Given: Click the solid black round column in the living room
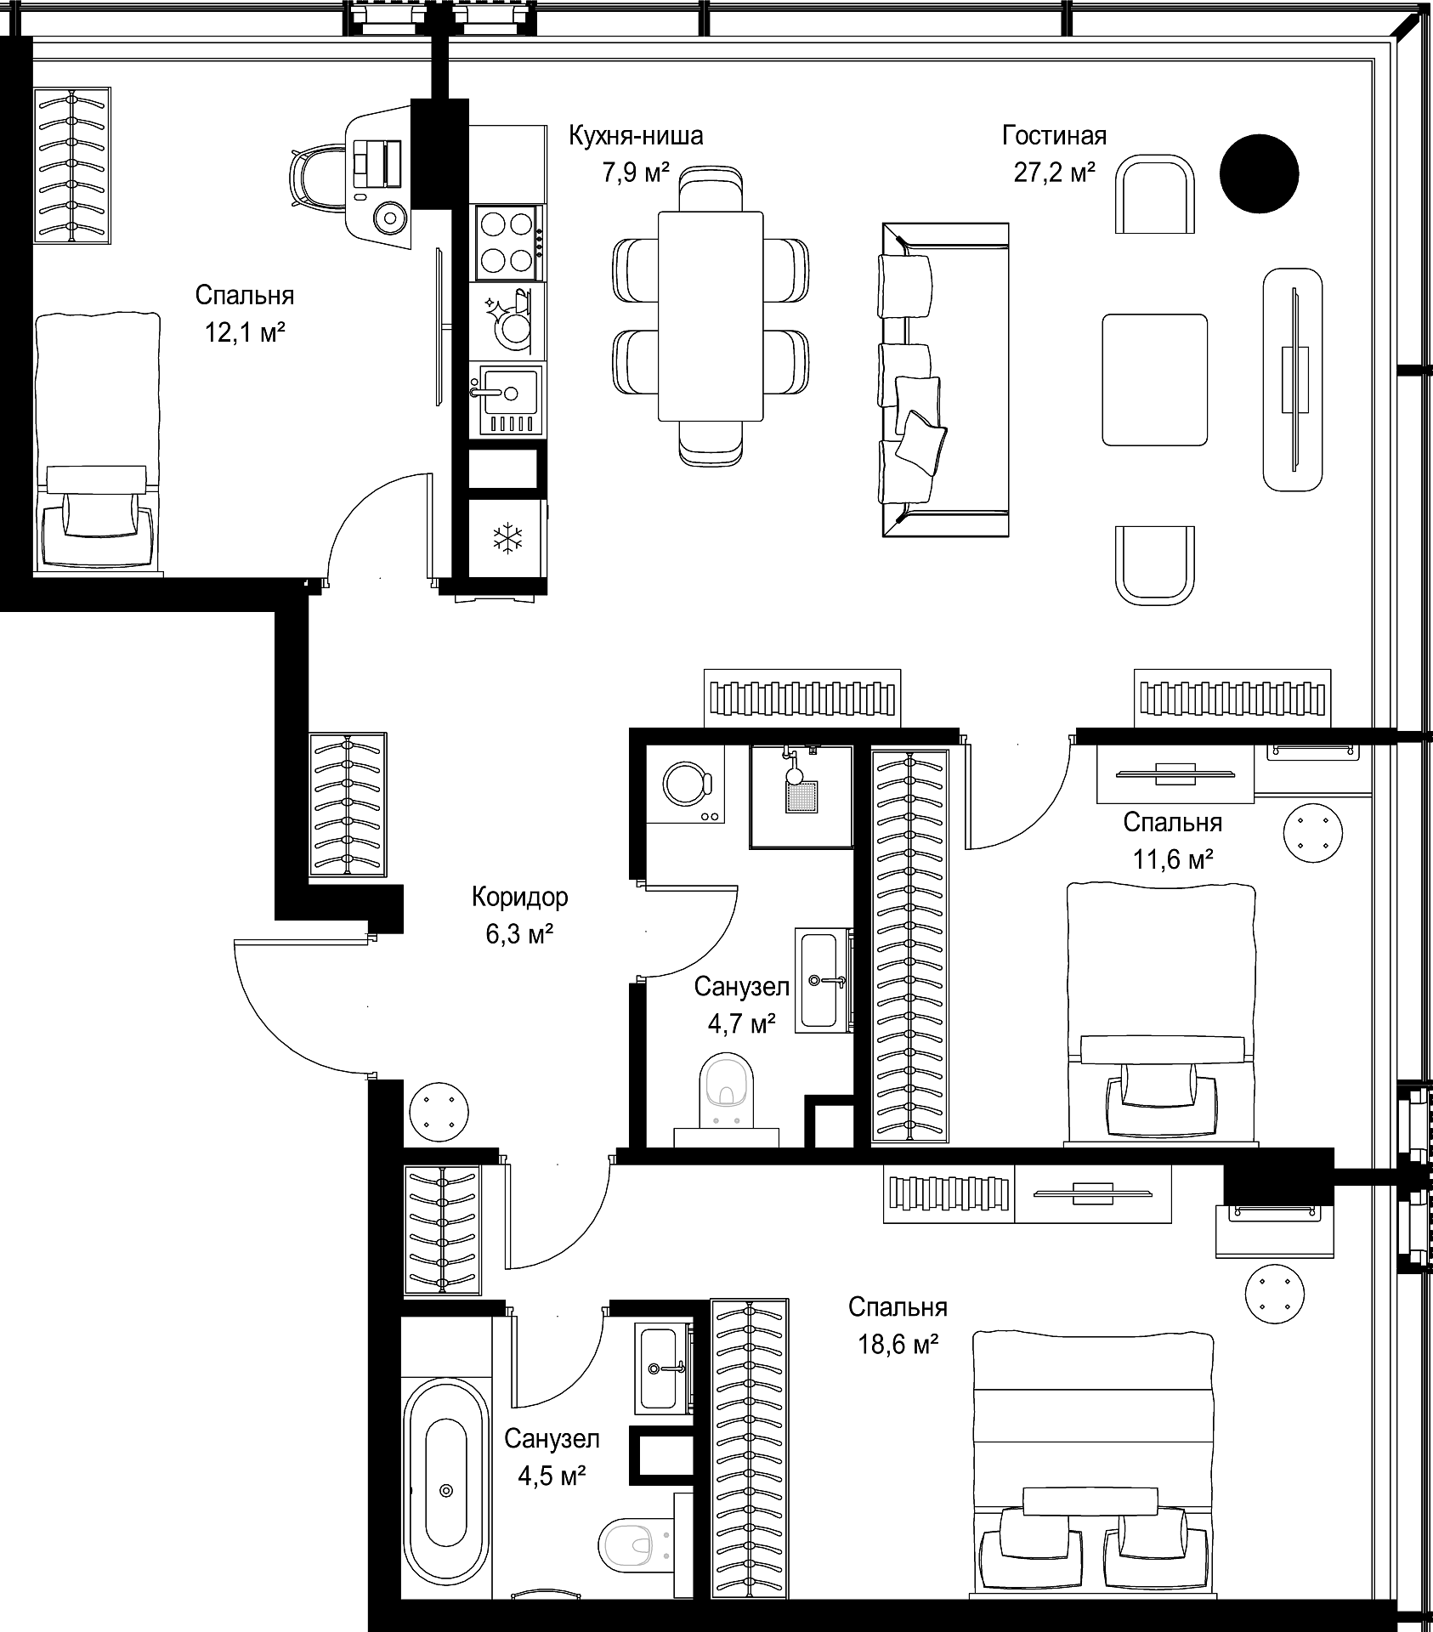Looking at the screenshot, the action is pos(1259,174).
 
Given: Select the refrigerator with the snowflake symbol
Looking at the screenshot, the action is pos(508,537).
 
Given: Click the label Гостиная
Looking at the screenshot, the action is pos(1054,135).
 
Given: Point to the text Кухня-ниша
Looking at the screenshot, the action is pos(636,135).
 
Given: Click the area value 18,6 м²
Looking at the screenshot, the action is pos(897,1345).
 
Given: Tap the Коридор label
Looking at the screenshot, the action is pos(520,896).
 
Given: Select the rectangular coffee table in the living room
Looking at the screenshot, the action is pos(1155,379).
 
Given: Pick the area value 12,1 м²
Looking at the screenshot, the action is pos(244,333).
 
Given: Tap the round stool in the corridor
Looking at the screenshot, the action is pos(439,1109).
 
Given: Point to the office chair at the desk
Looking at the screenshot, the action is pos(319,177).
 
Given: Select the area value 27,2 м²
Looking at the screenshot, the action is pos(1054,173).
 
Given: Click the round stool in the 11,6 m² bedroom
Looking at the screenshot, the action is pos(1312,832).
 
